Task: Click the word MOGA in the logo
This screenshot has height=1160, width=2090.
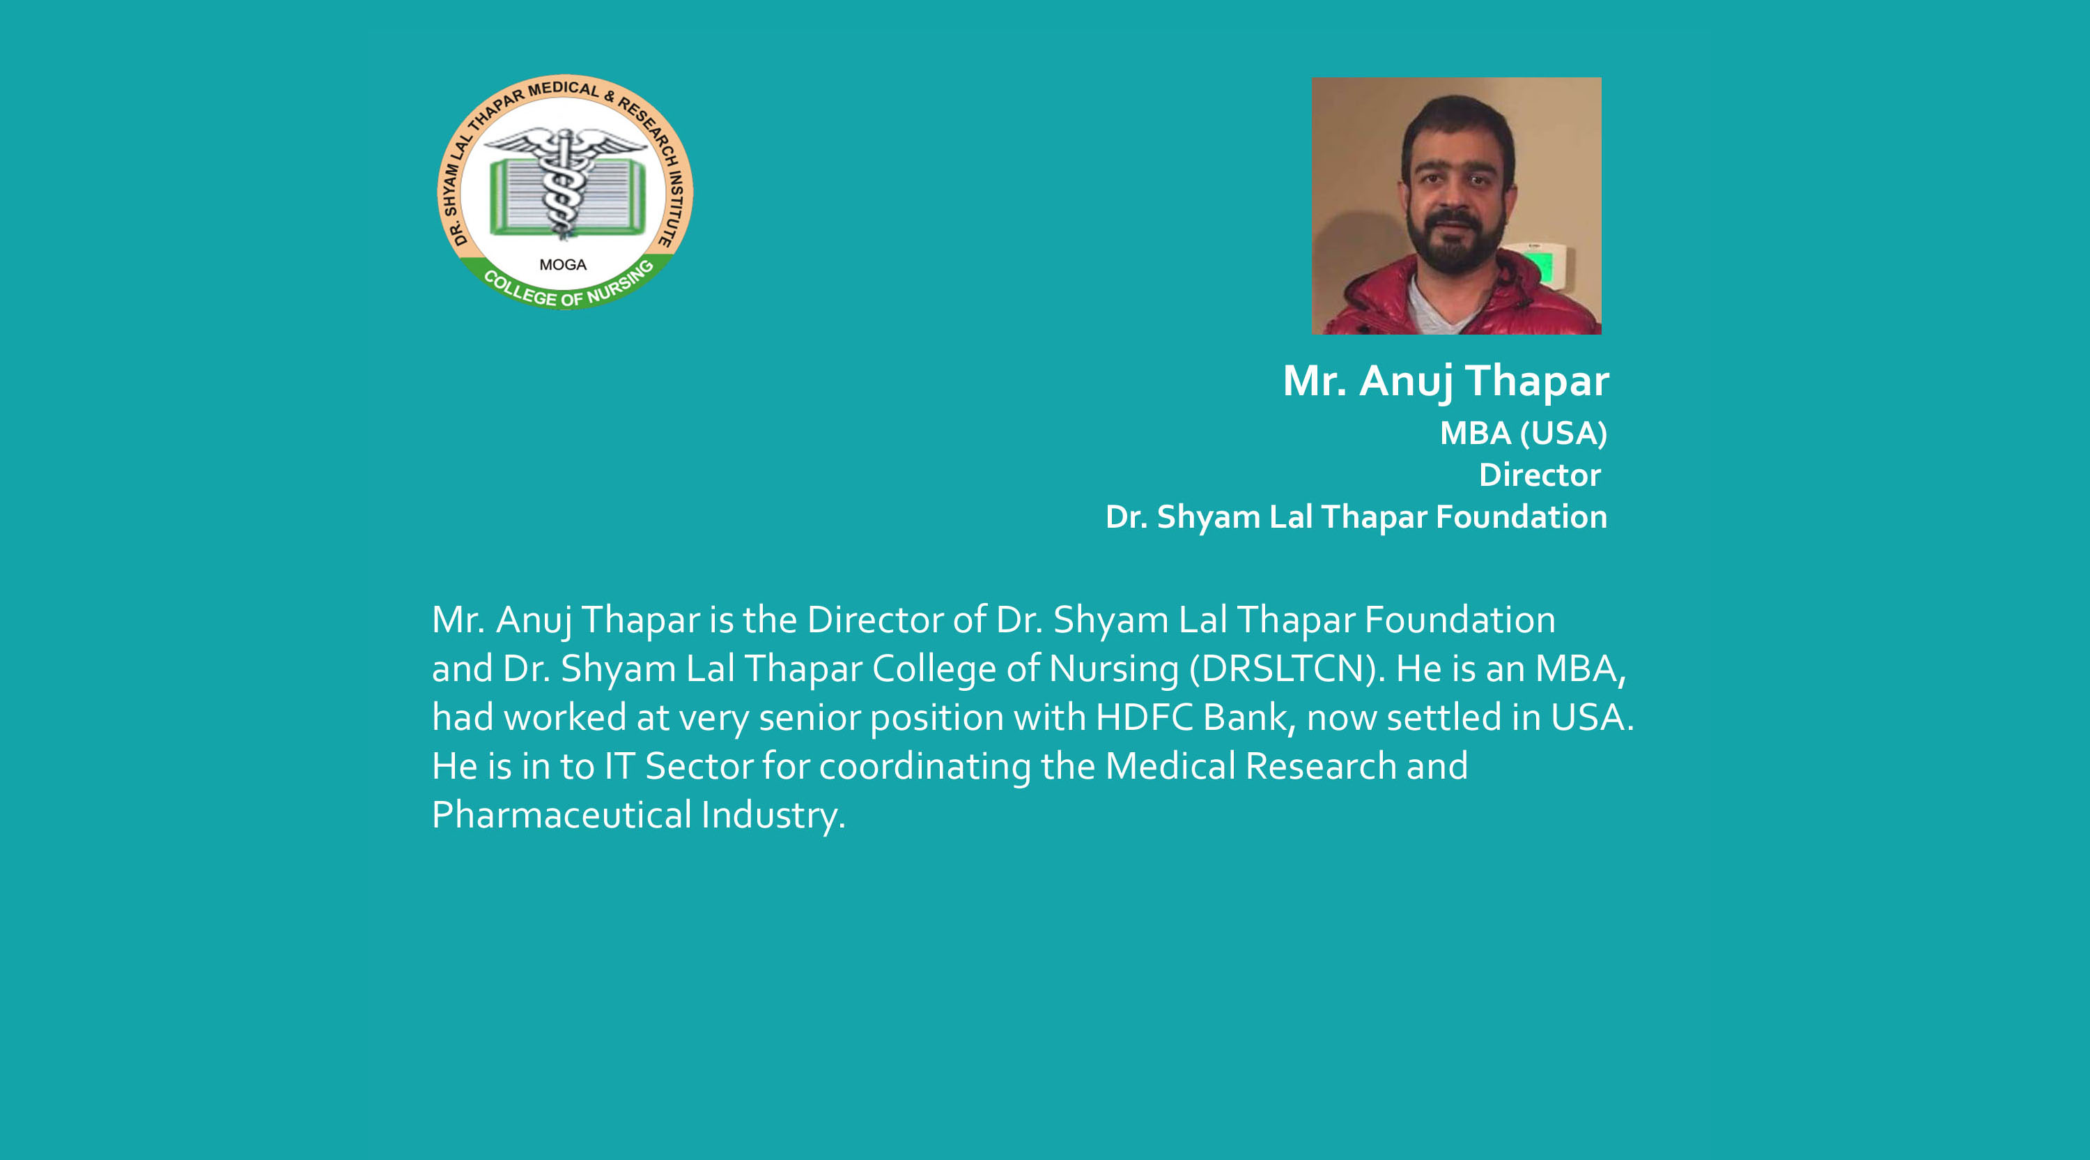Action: (x=562, y=265)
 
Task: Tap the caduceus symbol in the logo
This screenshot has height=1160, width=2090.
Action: (x=563, y=183)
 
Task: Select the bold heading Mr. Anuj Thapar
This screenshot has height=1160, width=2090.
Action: (x=1446, y=381)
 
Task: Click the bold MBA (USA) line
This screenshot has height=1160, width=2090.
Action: (x=1524, y=434)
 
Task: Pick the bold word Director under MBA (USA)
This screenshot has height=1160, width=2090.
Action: (x=1540, y=475)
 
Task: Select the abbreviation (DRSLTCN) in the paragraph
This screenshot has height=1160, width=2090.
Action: (x=1287, y=669)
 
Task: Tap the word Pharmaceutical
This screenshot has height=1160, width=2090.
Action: (x=562, y=815)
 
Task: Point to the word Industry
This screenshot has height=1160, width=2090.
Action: (x=773, y=816)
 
